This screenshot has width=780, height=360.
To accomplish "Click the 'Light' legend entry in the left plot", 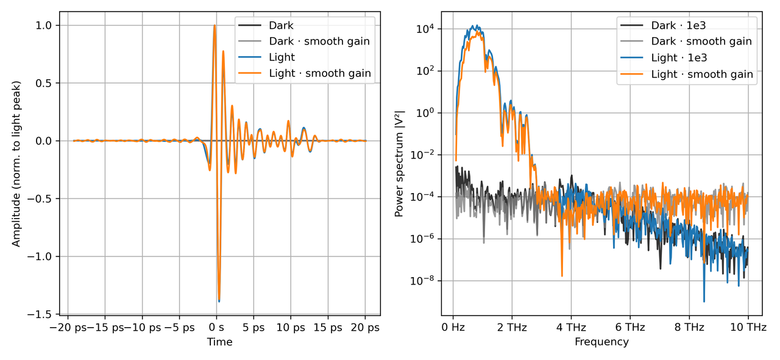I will [x=282, y=57].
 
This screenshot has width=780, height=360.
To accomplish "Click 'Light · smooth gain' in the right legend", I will [x=702, y=74].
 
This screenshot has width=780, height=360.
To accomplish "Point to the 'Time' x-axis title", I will [x=219, y=342].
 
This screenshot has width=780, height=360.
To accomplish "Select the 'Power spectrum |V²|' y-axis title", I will [x=400, y=163].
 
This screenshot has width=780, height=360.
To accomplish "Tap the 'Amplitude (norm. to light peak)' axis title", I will [x=16, y=163].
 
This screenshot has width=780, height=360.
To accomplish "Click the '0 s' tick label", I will [x=217, y=328].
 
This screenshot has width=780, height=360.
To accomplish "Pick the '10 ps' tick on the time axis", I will [x=291, y=328].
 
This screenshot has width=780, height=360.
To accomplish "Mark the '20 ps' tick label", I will [x=366, y=328].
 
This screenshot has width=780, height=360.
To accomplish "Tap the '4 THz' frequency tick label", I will [x=571, y=328].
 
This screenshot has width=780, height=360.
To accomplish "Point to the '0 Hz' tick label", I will [x=453, y=328].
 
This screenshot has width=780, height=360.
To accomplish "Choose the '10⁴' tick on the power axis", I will [x=424, y=29].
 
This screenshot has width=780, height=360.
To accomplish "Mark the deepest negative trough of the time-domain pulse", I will [x=219, y=300].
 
